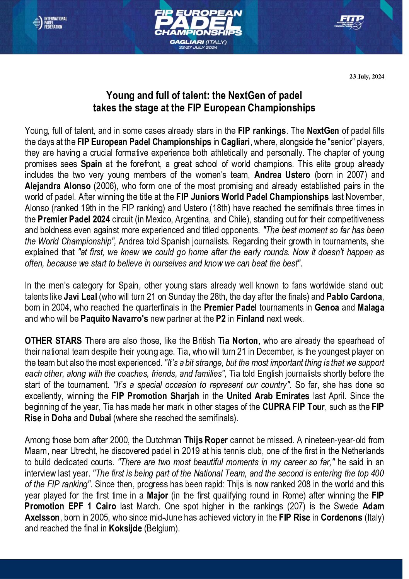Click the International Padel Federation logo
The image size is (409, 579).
tap(50, 23)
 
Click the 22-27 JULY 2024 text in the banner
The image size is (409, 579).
tap(198, 48)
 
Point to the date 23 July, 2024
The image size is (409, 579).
tap(366, 77)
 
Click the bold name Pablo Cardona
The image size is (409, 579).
tap(354, 297)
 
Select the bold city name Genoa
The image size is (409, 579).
tap(327, 307)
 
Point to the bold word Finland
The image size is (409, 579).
tap(250, 319)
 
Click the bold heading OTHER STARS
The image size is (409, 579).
tap(53, 341)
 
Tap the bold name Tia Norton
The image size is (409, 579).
tap(238, 341)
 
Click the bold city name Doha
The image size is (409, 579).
tap(61, 418)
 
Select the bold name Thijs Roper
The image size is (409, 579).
tap(206, 440)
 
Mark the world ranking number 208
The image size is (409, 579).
tap(304, 484)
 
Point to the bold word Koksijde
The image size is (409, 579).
tap(125, 529)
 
